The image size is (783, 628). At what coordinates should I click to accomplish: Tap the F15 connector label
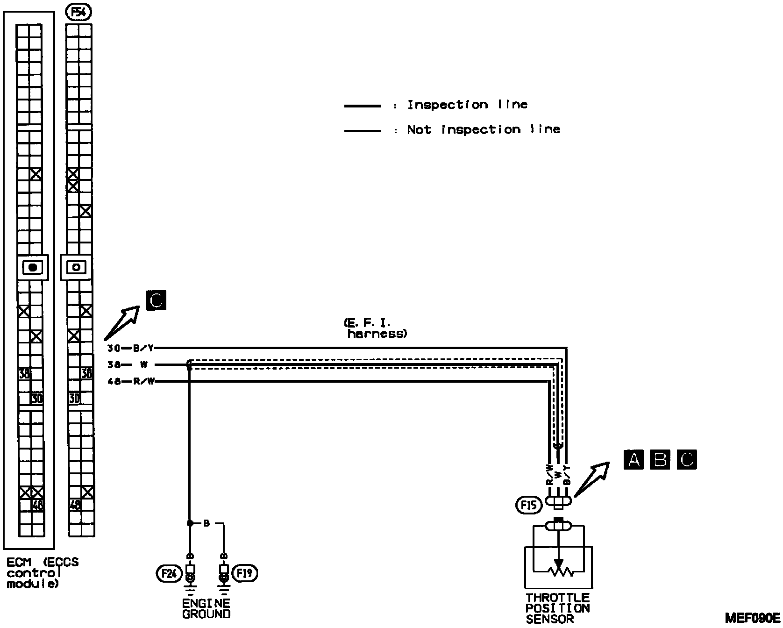point(529,505)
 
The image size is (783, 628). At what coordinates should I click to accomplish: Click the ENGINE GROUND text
point(206,608)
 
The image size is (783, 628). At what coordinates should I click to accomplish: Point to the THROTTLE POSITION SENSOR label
point(557,608)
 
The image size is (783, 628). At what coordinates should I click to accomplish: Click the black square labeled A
point(634,460)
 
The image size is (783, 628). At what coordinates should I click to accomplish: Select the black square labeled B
point(660,460)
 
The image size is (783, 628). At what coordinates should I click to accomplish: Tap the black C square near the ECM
point(156,300)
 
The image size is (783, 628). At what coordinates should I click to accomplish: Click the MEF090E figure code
point(752,617)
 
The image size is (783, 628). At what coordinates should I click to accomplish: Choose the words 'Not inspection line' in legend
point(483,129)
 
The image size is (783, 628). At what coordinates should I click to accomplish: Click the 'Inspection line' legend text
point(467,105)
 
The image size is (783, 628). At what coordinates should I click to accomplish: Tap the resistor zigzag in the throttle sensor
point(558,571)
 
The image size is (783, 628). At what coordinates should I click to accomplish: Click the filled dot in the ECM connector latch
point(33,267)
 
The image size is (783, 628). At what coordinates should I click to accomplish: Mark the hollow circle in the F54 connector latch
point(77,267)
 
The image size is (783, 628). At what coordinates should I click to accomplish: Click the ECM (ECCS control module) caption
point(42,573)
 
